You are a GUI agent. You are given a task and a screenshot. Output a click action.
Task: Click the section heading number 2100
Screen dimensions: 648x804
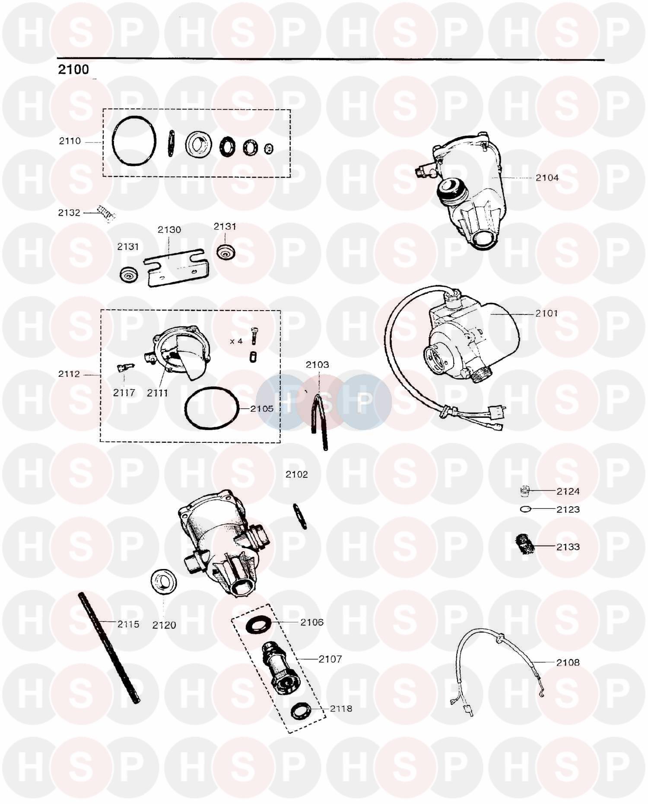pos(73,70)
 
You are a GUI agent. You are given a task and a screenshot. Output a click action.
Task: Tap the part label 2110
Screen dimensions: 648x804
pos(70,141)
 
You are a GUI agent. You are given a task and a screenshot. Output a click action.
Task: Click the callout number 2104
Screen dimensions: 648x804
pos(547,178)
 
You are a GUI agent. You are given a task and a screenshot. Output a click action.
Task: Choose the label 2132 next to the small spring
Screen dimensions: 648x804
pos(70,213)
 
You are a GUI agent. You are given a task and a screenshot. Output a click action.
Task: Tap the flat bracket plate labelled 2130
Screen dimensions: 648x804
pos(176,267)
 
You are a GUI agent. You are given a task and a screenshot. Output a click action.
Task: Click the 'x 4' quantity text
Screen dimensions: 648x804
pos(236,341)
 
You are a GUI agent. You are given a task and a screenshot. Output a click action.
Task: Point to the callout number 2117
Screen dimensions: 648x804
pos(124,393)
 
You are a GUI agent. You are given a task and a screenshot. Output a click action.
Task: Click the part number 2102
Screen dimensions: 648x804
pos(297,474)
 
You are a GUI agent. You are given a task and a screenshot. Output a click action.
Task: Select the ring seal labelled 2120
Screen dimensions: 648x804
pos(164,582)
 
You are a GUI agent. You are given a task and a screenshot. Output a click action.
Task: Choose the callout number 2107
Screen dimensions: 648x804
pos(330,659)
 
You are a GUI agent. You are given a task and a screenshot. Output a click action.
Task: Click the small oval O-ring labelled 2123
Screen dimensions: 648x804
pos(526,509)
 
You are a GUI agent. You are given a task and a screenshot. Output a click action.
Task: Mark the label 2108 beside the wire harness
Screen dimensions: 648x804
pos(568,662)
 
